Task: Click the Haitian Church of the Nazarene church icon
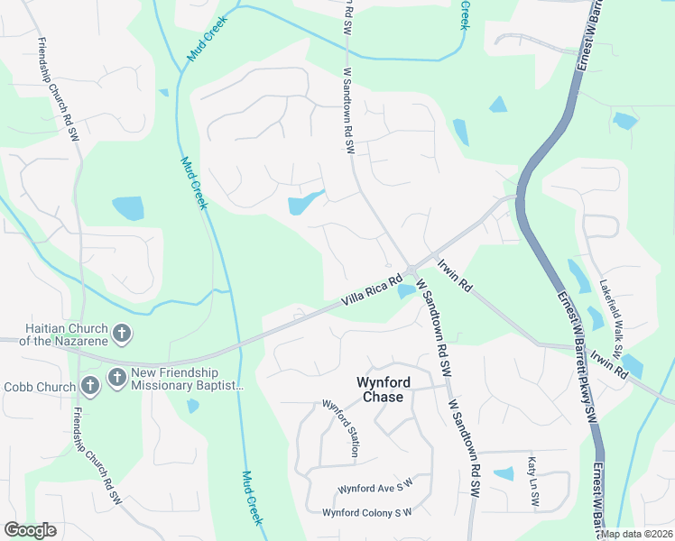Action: (121, 335)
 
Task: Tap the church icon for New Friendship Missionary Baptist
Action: (116, 377)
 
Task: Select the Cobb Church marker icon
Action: (88, 387)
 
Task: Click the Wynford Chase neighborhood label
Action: (384, 389)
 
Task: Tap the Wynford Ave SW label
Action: (374, 487)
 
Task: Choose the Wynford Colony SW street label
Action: (367, 512)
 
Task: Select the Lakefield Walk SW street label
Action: (611, 316)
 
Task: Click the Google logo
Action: (31, 530)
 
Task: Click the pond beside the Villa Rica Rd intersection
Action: (405, 290)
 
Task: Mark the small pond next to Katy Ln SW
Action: (504, 473)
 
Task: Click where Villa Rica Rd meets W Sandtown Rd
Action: (411, 270)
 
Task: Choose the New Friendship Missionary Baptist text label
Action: (187, 379)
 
